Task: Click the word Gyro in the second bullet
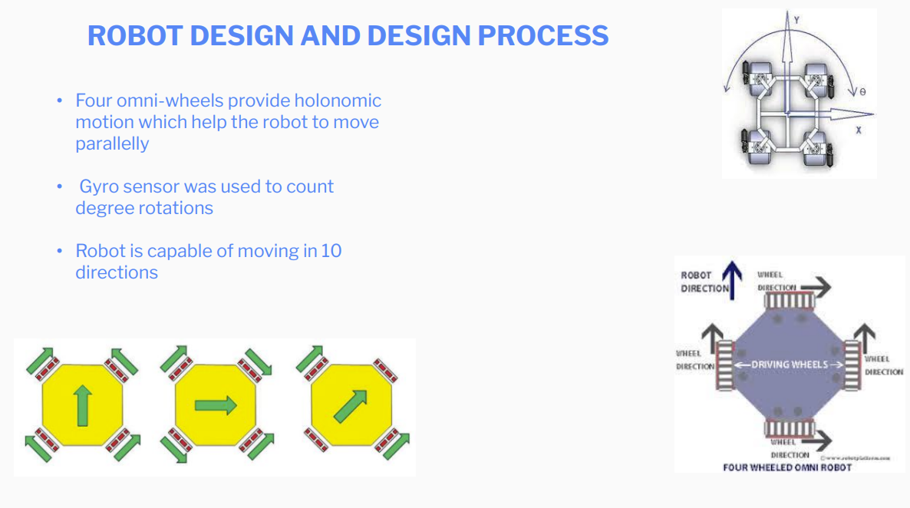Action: click(x=97, y=186)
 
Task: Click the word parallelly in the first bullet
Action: click(x=112, y=143)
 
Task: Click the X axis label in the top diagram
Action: click(x=858, y=130)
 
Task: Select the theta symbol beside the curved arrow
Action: click(x=862, y=92)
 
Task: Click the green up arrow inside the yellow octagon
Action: click(x=82, y=406)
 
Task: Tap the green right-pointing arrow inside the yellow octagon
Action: click(x=216, y=406)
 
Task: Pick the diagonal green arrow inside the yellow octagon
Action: click(x=351, y=406)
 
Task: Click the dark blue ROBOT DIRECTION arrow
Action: click(x=734, y=281)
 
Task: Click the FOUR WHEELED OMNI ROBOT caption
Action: click(x=787, y=467)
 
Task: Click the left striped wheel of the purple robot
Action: click(x=724, y=365)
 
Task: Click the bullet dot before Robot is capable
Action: click(x=59, y=252)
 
